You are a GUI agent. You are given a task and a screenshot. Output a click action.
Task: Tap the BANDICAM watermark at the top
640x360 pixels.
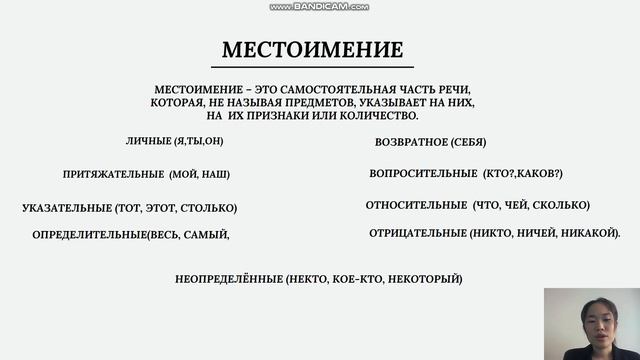(320, 6)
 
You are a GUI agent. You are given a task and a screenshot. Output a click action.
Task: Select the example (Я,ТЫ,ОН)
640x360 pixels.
(199, 141)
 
